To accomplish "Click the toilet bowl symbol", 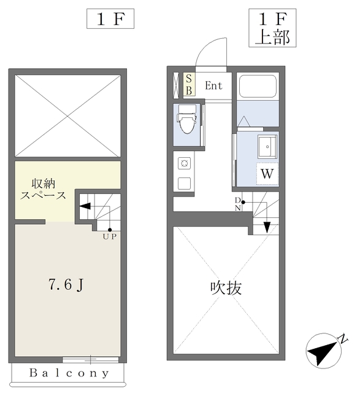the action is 187,119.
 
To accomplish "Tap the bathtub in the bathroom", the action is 258,87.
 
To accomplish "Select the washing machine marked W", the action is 267,174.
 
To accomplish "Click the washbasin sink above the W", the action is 267,147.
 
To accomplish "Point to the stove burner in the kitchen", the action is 184,164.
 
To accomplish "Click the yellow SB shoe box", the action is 189,85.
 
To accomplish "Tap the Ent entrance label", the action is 213,86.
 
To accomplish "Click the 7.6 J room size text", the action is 66,285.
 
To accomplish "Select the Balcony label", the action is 69,373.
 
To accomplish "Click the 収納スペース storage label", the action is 43,189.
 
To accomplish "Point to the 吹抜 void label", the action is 226,288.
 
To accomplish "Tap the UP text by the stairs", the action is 110,237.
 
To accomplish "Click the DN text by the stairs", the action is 238,204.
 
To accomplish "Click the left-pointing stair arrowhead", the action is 85,206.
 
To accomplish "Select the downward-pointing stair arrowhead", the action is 267,227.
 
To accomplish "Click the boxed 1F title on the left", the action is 110,19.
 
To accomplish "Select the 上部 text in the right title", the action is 272,38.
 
